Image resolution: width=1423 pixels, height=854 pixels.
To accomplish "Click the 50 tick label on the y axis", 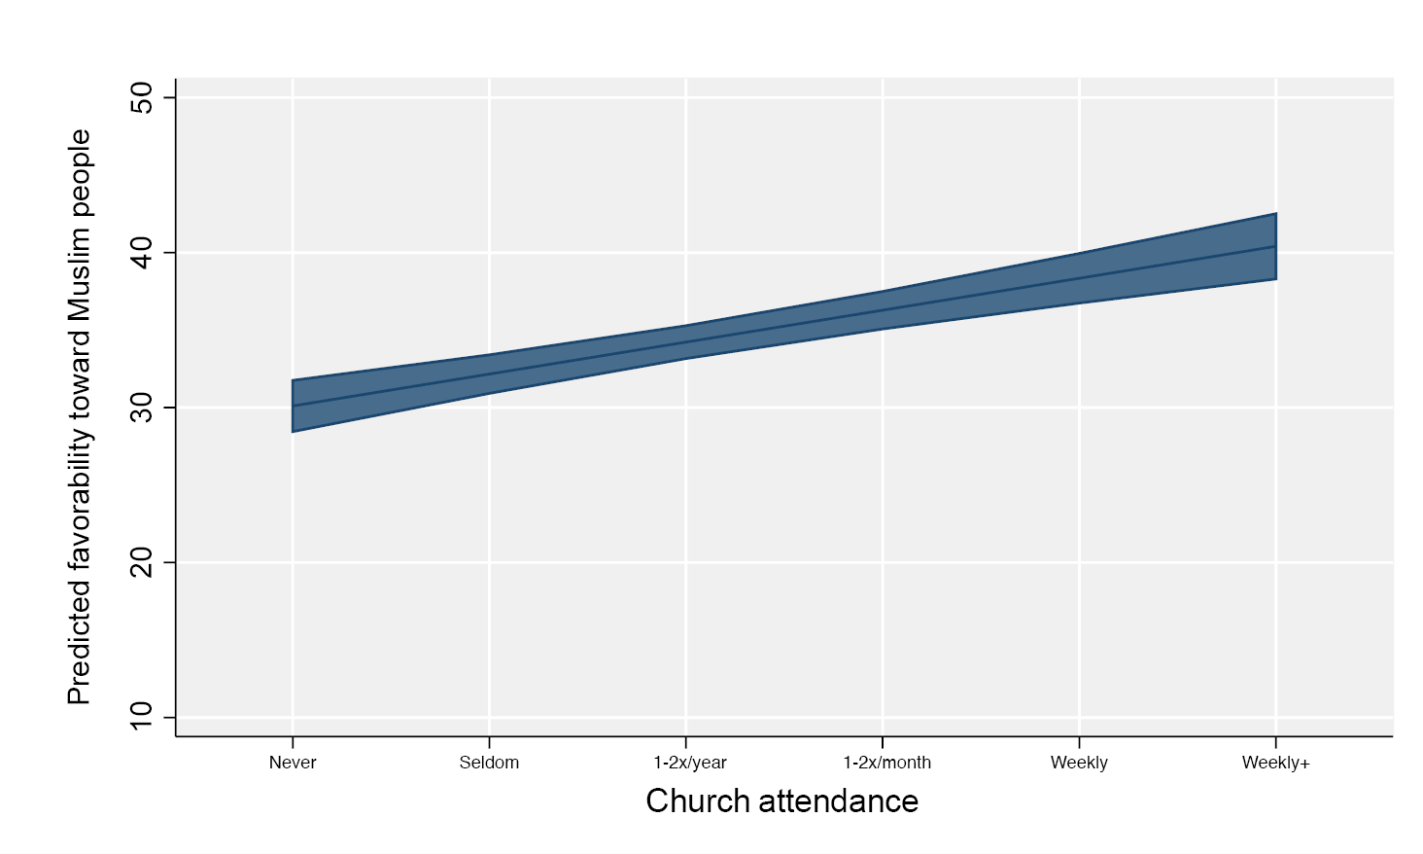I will [142, 97].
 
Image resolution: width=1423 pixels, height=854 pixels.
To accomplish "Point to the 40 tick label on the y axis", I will [142, 253].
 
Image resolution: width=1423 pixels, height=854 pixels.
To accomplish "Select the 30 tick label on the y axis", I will [142, 408].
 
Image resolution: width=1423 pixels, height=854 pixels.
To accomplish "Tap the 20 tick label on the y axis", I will [142, 562].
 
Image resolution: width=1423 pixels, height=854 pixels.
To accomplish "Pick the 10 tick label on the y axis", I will [142, 717].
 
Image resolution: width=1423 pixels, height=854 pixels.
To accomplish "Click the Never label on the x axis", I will [293, 763].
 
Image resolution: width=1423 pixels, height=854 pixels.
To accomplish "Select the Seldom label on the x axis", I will [489, 763].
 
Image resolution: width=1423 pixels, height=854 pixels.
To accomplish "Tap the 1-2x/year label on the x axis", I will [689, 763].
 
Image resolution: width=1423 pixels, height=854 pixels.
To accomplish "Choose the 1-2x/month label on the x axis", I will [886, 763].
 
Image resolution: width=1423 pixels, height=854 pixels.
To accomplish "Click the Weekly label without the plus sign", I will [1079, 763].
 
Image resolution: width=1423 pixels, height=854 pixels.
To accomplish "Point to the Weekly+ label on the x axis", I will [1275, 763].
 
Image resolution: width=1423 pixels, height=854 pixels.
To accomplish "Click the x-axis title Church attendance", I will [781, 801].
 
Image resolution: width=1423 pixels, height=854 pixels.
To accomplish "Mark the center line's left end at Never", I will [293, 406].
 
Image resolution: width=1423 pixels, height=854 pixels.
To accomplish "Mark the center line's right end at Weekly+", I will [1275, 246].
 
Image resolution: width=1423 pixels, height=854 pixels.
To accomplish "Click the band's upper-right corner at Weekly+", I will [1275, 214].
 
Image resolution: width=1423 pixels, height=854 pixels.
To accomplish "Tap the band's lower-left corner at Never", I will [293, 431].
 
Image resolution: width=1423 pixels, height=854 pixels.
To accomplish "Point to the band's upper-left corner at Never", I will [293, 380].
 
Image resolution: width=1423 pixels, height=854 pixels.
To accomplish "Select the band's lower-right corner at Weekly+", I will [1275, 279].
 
